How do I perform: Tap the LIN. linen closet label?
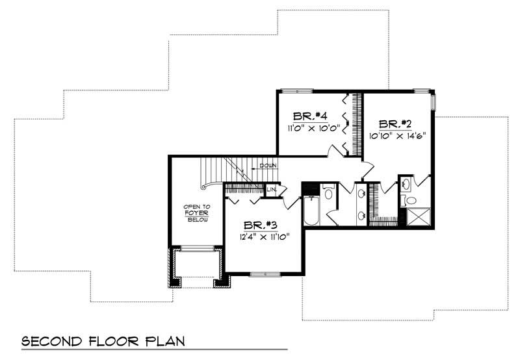[272, 190]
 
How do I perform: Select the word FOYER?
[196, 212]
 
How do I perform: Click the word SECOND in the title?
[49, 341]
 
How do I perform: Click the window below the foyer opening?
[196, 248]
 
